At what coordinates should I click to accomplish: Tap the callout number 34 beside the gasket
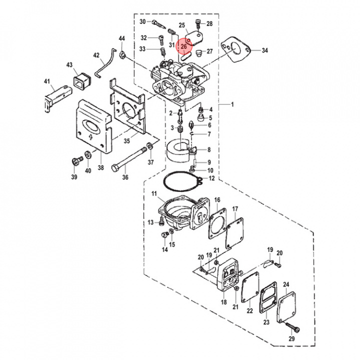click(264, 50)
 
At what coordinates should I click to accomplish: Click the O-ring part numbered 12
click(180, 182)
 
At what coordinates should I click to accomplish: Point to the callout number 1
click(232, 104)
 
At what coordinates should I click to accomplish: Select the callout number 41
click(47, 81)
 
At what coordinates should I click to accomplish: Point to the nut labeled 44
click(122, 52)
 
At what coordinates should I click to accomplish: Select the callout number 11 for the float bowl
click(154, 194)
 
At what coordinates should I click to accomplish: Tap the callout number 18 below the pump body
click(223, 302)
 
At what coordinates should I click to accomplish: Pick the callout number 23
click(266, 322)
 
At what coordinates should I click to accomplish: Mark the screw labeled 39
click(77, 160)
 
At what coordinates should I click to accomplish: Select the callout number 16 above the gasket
click(217, 200)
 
